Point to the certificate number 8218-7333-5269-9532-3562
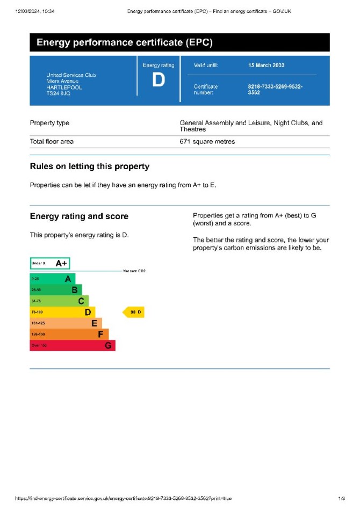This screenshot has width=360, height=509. tap(275, 89)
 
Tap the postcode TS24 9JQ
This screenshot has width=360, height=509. tap(58, 93)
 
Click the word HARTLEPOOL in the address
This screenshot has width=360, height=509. tap(64, 87)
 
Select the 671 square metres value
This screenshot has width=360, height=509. tap(207, 142)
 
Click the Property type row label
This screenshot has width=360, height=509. tap(49, 123)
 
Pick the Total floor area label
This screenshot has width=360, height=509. tap(52, 142)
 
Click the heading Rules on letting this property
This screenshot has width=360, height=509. tap(90, 166)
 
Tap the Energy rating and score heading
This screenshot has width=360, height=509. tap(79, 216)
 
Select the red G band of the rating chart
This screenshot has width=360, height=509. tap(72, 346)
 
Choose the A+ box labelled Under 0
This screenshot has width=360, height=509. tap(50, 264)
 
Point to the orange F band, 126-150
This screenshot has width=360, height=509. tap(69, 335)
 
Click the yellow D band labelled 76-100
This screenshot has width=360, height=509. tap(62, 312)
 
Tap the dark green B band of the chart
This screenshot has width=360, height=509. tap(55, 289)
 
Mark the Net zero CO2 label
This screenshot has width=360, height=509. tap(134, 271)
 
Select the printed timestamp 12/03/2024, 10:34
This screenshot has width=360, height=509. tap(35, 11)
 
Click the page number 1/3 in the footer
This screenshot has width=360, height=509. tap(342, 499)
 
